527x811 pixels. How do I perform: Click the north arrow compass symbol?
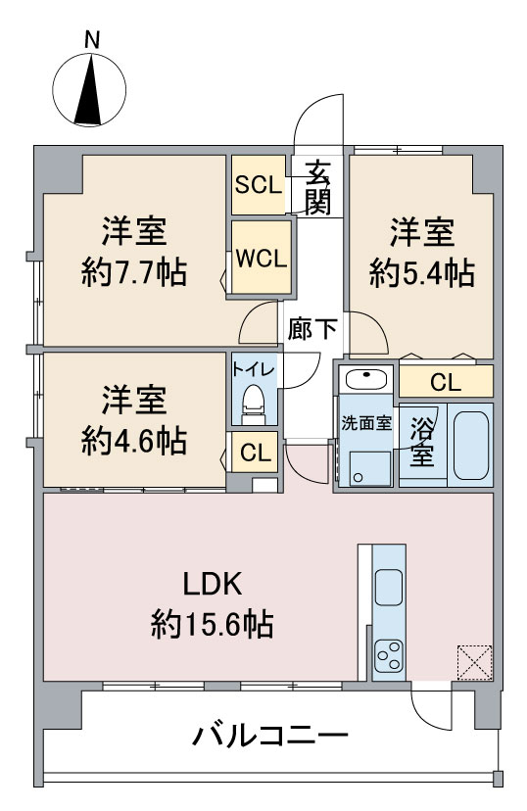pos(89,89)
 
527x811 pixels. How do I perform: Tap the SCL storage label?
pos(259,185)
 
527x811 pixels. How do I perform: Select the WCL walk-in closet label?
pos(262,259)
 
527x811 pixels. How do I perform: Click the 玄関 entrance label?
pos(317,187)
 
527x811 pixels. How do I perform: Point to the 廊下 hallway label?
pos(312,328)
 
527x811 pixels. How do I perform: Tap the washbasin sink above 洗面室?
pos(366,380)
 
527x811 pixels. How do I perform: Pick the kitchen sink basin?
pos(389,587)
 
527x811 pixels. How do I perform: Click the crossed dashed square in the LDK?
pos(474,662)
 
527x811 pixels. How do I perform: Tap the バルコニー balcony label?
pos(270,735)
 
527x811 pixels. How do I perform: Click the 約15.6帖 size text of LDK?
pos(212,624)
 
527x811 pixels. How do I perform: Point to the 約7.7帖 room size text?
pos(134,272)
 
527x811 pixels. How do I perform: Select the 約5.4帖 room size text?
pos(422,273)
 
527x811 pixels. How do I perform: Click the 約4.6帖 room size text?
pos(134,441)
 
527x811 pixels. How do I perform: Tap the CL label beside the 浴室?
pos(446,383)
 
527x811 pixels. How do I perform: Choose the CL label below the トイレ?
pos(256,453)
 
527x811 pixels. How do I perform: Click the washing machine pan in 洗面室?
pos(369,468)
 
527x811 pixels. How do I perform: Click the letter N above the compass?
pos(91,40)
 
